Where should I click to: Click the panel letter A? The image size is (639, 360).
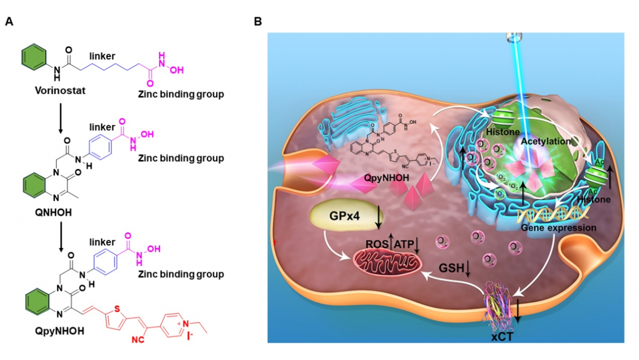click(9, 22)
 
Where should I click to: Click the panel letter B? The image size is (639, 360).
click(258, 22)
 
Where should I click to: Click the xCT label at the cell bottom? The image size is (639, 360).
click(502, 337)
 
